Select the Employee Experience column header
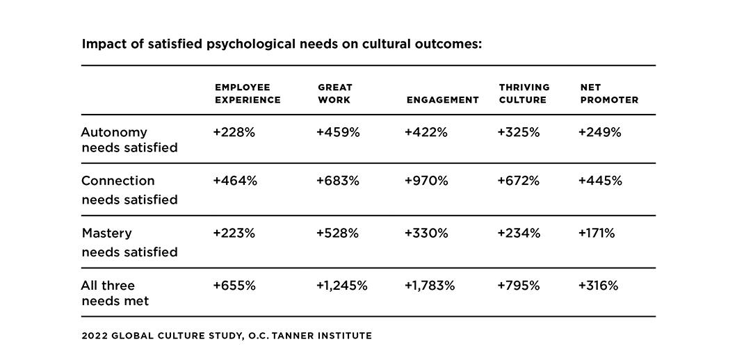tap(248, 93)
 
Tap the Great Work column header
tap(334, 93)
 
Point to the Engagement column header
tap(442, 99)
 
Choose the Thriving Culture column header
tap(524, 93)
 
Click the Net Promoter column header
tap(608, 93)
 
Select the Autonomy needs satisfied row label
tap(129, 139)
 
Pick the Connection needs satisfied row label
tap(129, 190)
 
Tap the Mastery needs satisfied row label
tap(129, 242)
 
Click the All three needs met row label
tap(115, 293)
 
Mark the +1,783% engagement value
tap(429, 286)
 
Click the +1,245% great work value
tap(341, 286)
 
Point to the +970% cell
tap(426, 181)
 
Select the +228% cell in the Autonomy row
tap(234, 132)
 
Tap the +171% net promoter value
tap(597, 234)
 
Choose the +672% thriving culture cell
tap(519, 181)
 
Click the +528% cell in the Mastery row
tap(337, 234)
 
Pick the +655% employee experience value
tap(234, 286)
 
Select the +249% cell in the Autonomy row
tap(599, 132)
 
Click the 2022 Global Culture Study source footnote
tap(227, 336)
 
